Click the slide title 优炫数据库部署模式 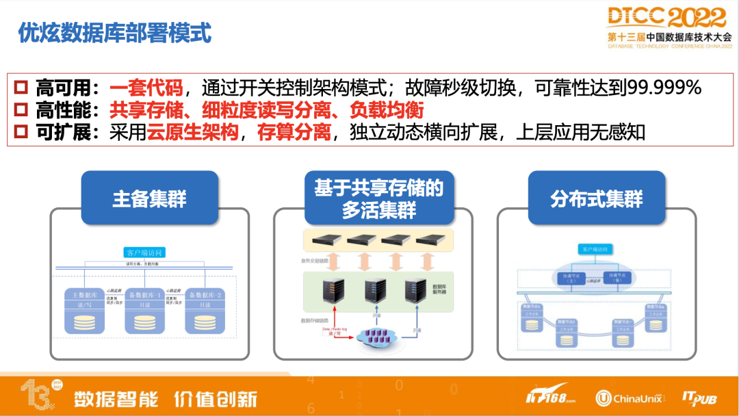coord(115,33)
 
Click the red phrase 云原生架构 coord(193,131)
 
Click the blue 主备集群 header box coord(149,198)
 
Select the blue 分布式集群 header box coord(596,198)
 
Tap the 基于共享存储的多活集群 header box coord(379,198)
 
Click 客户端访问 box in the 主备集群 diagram coord(145,253)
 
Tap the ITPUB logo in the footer coord(699,398)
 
